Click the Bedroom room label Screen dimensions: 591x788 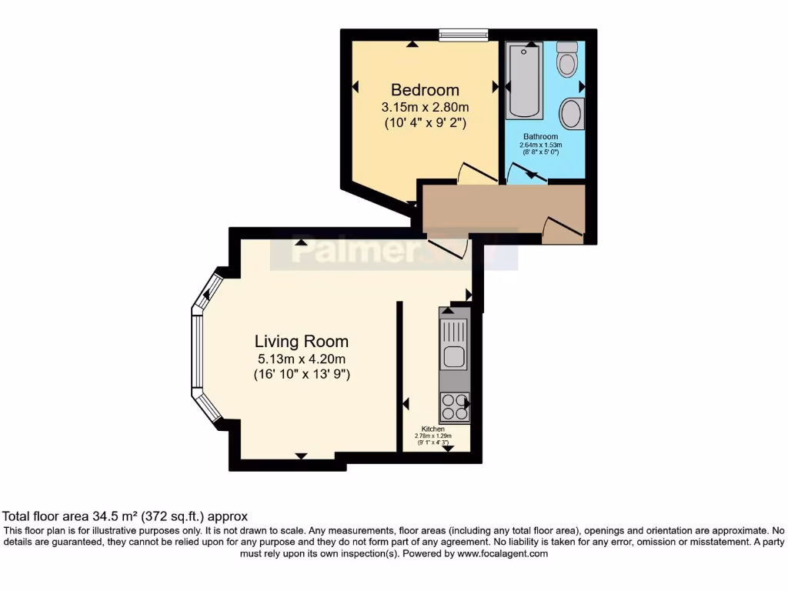(425, 90)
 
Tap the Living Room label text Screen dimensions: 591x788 (302, 341)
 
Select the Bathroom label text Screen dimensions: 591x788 (541, 137)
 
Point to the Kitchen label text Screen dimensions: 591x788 (433, 429)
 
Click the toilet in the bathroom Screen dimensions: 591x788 (568, 58)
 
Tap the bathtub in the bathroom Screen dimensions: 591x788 (525, 81)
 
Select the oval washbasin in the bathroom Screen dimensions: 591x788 (571, 114)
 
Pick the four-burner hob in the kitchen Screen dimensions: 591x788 (454, 406)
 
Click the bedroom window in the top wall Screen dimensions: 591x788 (464, 34)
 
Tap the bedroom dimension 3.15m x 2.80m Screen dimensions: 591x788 (426, 107)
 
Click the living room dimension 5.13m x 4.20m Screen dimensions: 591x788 (302, 359)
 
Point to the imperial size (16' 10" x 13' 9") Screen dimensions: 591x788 (302, 375)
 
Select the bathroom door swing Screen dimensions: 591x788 (526, 174)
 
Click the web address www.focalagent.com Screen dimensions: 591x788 (502, 553)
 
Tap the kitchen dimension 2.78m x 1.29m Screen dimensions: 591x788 (432, 436)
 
